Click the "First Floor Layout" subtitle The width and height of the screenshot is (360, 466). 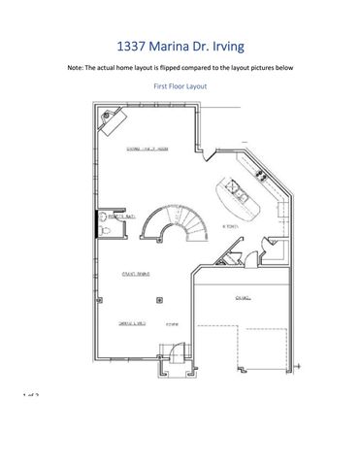tap(180, 86)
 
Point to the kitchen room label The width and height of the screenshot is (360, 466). tap(229, 226)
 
